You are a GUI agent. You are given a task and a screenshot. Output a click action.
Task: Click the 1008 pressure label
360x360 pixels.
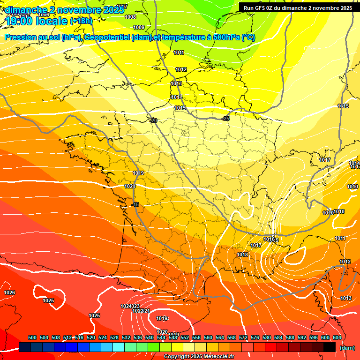pyautogui.click(x=131, y=17)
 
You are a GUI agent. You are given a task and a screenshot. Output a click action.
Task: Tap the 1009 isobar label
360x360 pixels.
pyautogui.click(x=139, y=27)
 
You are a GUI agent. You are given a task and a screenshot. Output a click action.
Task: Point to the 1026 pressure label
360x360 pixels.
pyautogui.click(x=9, y=292)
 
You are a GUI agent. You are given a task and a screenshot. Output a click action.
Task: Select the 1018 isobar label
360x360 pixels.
pyautogui.click(x=242, y=255)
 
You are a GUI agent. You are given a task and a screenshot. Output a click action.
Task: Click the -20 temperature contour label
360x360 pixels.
pyautogui.click(x=153, y=120)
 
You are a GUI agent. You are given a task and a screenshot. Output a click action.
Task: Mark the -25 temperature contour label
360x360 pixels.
pyautogui.click(x=226, y=119)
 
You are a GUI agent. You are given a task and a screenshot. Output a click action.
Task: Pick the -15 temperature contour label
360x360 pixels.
pyautogui.click(x=135, y=204)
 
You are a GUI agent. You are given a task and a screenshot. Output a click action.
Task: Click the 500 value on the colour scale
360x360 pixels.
pyautogui.click(x=32, y=337)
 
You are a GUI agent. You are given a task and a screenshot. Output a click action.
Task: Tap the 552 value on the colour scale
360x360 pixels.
pyautogui.click(x=185, y=337)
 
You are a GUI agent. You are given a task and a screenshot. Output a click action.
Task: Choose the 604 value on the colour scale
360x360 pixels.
pyautogui.click(x=337, y=337)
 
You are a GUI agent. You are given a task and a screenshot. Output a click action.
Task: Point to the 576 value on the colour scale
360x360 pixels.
pyautogui.click(x=255, y=337)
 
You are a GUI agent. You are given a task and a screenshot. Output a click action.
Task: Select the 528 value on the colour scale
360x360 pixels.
pyautogui.click(x=114, y=337)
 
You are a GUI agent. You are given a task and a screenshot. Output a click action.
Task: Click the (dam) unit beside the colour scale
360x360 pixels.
pyautogui.click(x=347, y=348)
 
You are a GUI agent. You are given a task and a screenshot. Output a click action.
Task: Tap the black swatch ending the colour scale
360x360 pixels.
pyautogui.click(x=330, y=347)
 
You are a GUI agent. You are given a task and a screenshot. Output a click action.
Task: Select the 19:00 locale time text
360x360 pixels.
pyautogui.click(x=37, y=21)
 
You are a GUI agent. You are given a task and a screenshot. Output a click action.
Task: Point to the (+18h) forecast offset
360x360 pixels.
pyautogui.click(x=81, y=21)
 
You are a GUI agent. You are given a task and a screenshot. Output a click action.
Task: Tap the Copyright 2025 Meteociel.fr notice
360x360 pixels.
pyautogui.click(x=199, y=356)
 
